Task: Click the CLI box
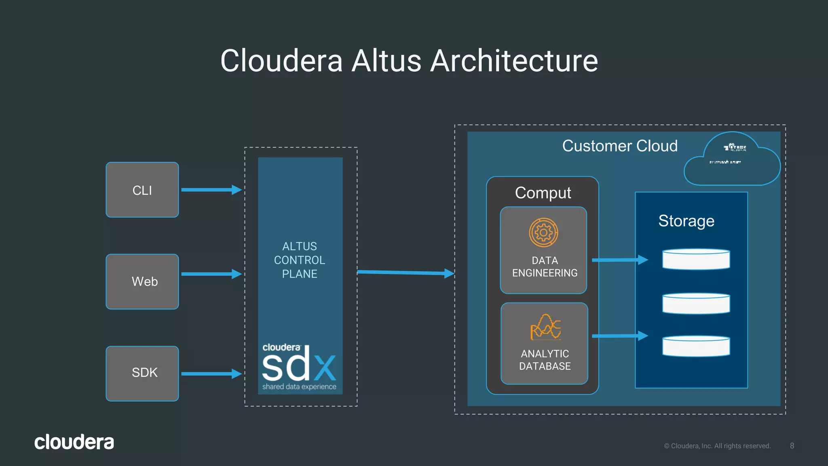click(142, 190)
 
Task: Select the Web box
click(142, 282)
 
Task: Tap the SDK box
click(142, 373)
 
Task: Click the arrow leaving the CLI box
click(211, 190)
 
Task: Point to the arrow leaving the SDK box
click(211, 374)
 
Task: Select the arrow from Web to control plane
click(211, 274)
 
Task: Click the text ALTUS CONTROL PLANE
click(300, 260)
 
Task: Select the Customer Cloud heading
click(620, 146)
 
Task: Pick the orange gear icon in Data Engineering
click(543, 233)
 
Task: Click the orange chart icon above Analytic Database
click(545, 327)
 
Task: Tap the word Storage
click(686, 221)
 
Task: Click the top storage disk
click(696, 259)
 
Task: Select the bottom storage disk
click(696, 346)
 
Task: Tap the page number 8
click(792, 446)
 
